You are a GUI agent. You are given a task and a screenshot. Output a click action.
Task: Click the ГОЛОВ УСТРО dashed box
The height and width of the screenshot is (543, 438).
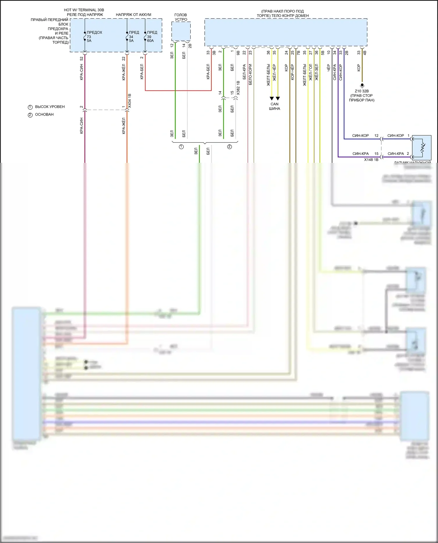(181, 31)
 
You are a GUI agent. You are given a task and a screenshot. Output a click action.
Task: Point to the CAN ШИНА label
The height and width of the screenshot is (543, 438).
(274, 106)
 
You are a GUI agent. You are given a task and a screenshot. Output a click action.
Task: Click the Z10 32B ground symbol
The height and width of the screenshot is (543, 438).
(362, 86)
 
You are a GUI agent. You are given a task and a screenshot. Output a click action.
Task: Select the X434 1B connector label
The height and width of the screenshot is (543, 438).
(130, 101)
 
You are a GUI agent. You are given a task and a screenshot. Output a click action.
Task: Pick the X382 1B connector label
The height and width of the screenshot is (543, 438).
(238, 88)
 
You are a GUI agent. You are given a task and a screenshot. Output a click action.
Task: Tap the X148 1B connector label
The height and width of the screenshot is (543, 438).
(371, 160)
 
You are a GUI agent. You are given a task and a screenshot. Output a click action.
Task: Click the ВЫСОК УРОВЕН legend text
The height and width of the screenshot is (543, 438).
(50, 107)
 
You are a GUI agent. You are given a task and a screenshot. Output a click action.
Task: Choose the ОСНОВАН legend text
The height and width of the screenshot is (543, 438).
(44, 114)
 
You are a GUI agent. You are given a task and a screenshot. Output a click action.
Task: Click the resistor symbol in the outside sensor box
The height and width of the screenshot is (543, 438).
(422, 148)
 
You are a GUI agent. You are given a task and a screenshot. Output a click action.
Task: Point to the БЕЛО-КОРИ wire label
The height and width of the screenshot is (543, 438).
(250, 75)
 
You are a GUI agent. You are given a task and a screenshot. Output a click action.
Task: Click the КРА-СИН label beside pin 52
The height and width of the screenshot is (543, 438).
(81, 72)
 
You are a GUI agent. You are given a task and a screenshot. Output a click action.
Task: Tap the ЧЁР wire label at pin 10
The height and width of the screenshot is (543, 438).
(328, 68)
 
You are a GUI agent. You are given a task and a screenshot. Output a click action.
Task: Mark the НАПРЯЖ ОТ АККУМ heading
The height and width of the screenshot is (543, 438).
(133, 15)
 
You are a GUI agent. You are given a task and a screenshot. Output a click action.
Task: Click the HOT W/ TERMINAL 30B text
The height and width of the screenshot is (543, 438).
(84, 10)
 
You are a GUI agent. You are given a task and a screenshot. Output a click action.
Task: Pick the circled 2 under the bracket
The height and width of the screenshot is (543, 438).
(230, 147)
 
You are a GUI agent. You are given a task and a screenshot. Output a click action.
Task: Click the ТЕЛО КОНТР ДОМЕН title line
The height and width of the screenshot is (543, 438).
(283, 16)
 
